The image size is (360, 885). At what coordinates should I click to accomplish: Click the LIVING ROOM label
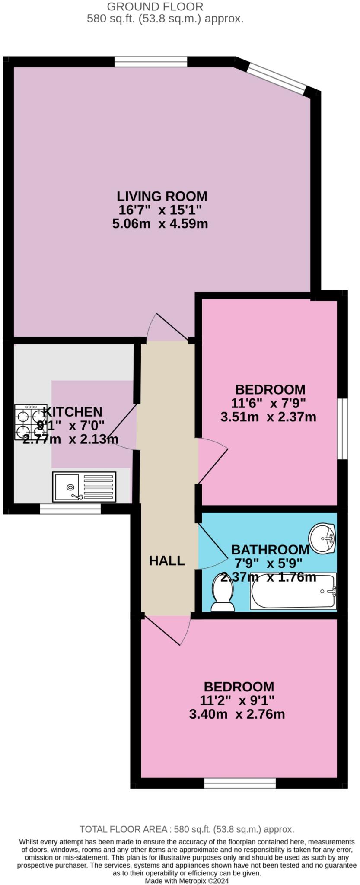162,196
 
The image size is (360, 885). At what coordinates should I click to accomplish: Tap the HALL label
167,560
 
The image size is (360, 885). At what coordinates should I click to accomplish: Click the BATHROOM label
270,549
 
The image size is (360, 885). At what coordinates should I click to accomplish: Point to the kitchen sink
84,487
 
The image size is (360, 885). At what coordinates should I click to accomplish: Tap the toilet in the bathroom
223,592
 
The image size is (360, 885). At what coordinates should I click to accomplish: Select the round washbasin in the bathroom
322,538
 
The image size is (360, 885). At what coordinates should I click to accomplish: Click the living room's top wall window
151,62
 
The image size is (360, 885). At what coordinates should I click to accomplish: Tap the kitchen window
70,509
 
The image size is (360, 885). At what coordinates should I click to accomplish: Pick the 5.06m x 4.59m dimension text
160,224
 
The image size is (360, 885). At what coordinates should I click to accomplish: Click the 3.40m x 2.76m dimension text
237,714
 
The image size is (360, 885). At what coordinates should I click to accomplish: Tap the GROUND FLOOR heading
155,7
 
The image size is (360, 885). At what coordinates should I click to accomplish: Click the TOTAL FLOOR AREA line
187,829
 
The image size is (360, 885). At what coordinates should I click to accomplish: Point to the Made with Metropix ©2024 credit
187,880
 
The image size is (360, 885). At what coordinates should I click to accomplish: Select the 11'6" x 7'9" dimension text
268,403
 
